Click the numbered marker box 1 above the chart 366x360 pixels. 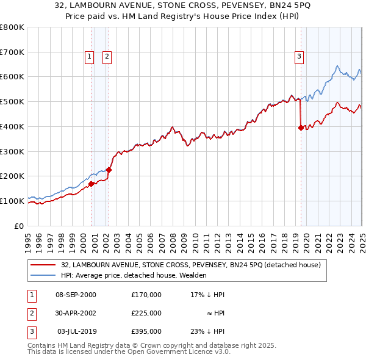point(89,57)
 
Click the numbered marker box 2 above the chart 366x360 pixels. point(107,57)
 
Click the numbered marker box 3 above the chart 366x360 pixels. point(300,57)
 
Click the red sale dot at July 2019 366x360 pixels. point(301,128)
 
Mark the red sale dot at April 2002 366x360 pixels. point(109,170)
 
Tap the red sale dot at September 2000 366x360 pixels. point(91,183)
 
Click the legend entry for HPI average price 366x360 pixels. point(135,275)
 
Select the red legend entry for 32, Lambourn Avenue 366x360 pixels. point(195,265)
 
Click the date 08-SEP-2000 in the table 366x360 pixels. point(76,294)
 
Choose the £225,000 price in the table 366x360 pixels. point(146,313)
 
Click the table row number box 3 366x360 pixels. point(30,331)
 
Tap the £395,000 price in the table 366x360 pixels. point(146,331)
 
